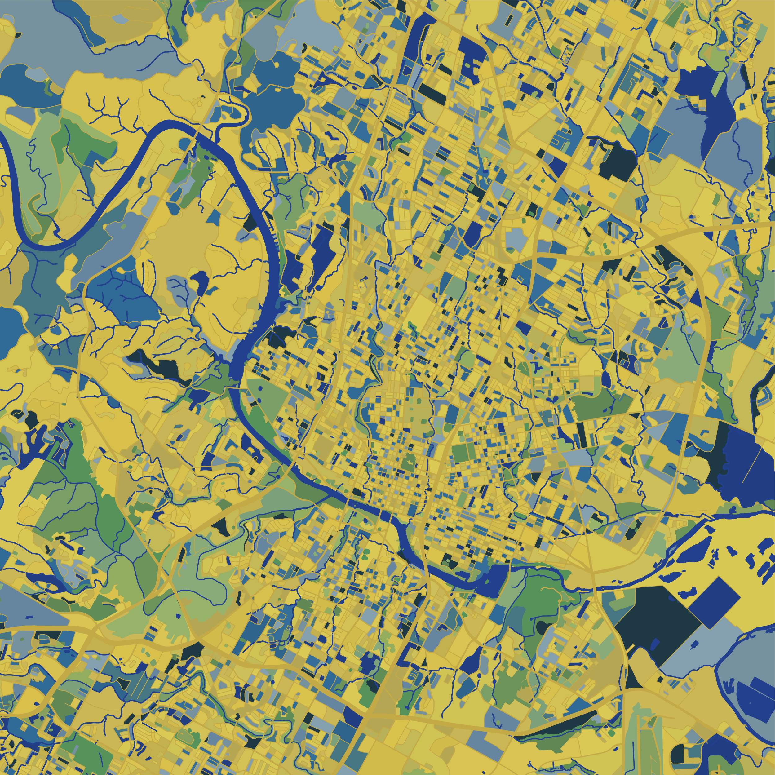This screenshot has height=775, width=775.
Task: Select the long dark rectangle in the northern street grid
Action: point(432,94)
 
